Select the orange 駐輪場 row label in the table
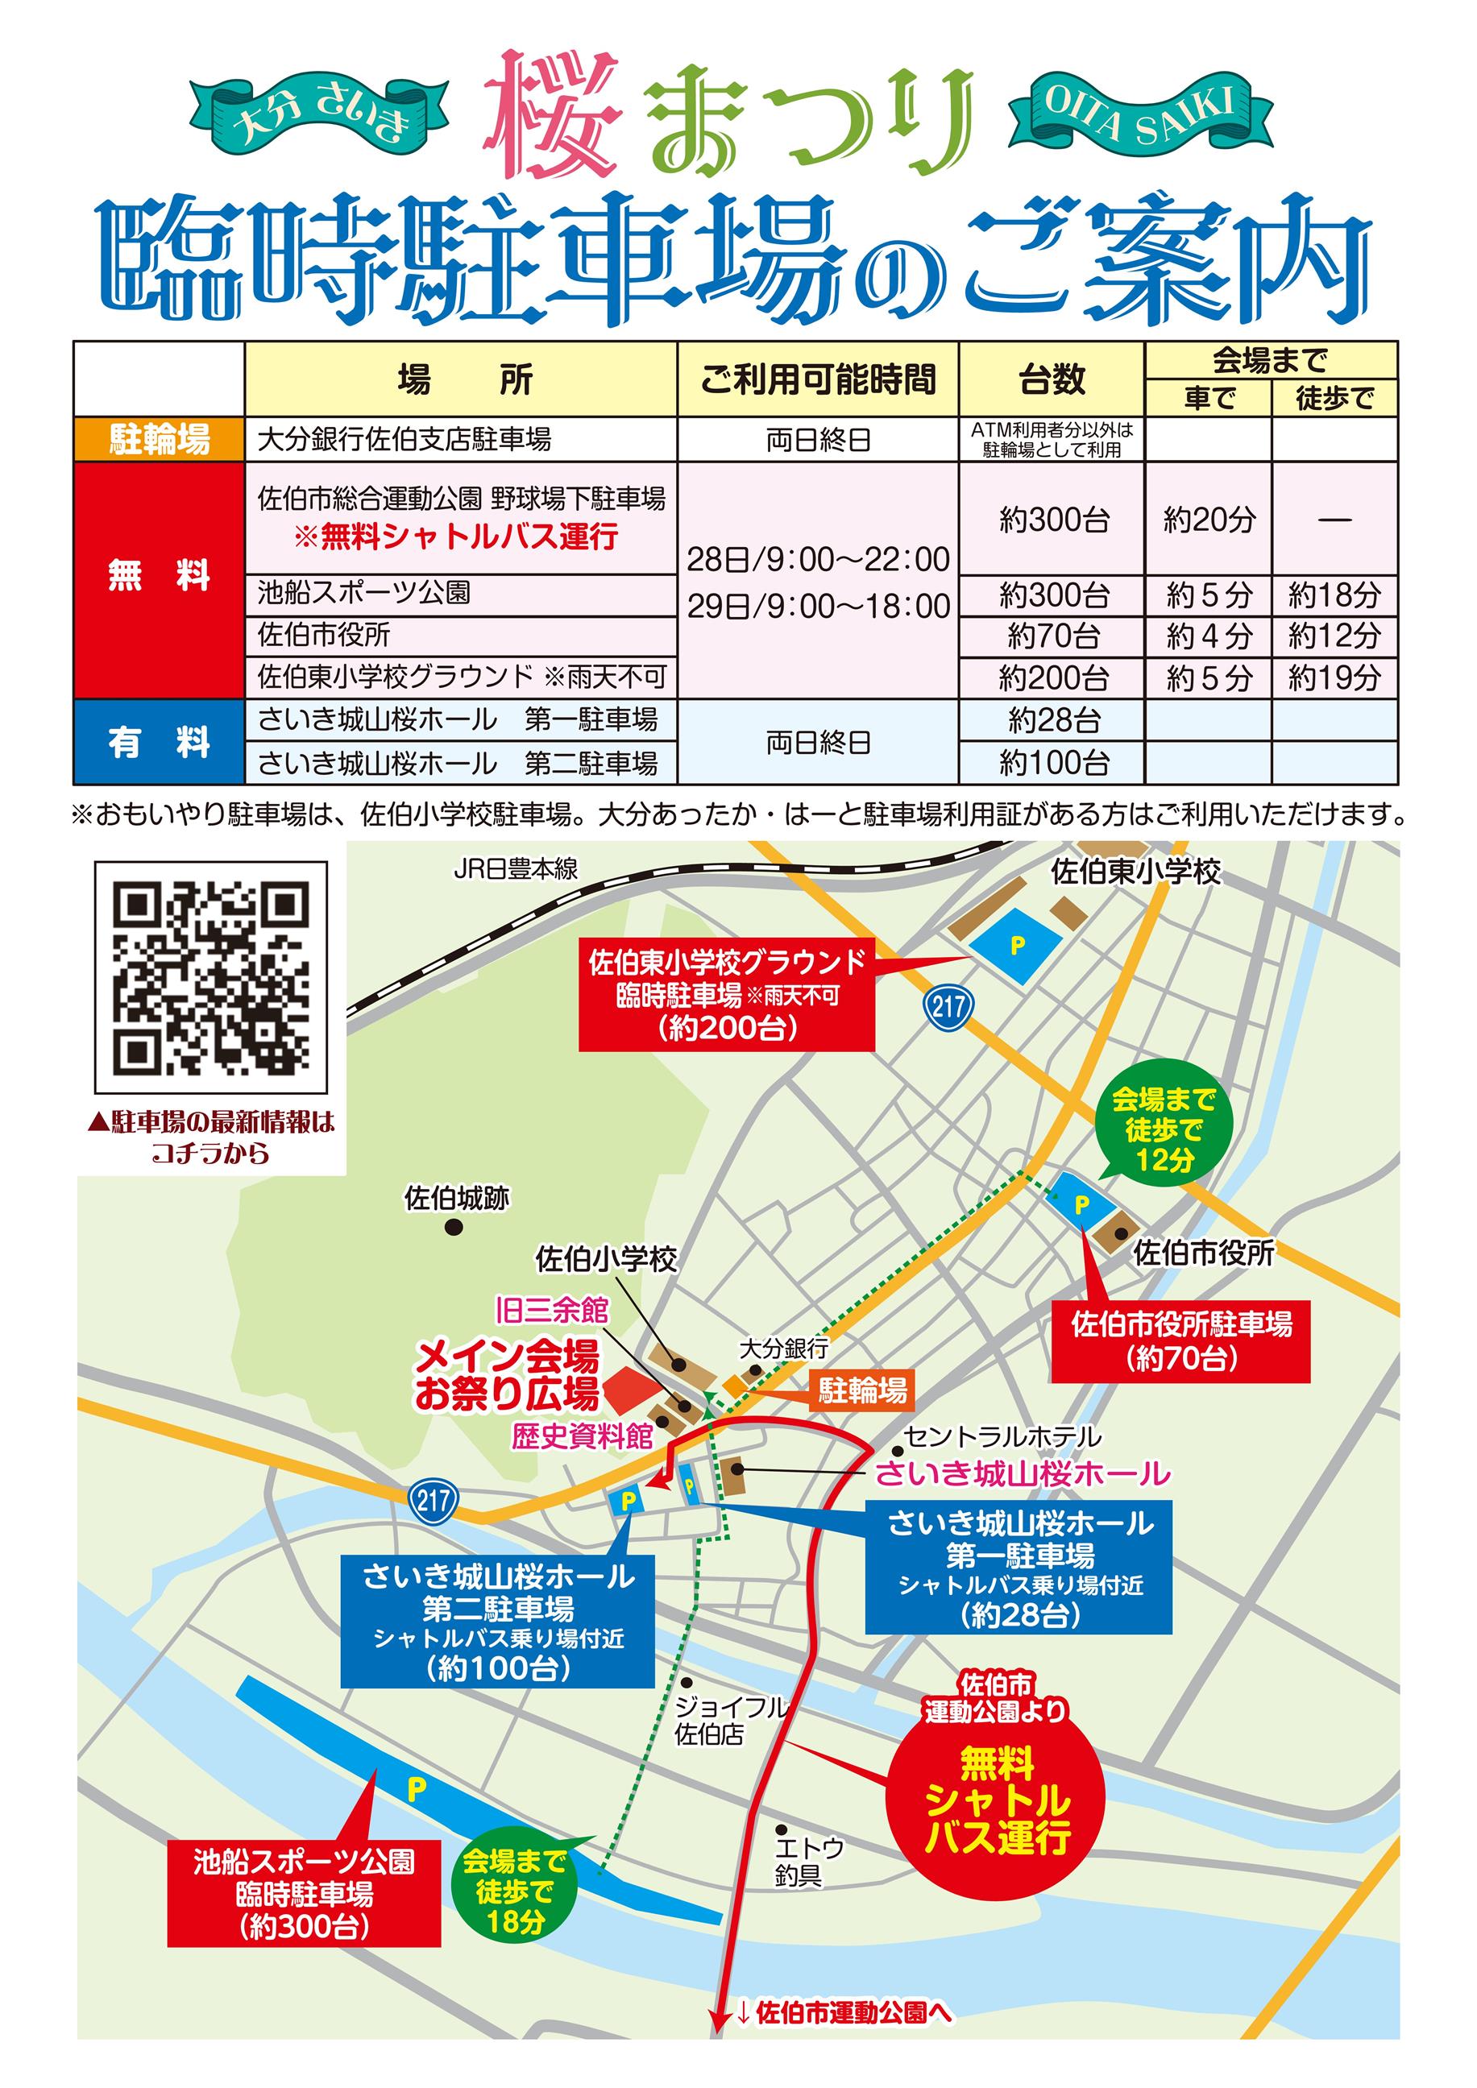coord(160,440)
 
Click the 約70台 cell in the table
coord(1052,636)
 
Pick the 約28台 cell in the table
coord(1052,720)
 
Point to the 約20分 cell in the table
coord(1209,520)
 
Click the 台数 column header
coord(1052,379)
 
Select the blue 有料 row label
coord(160,743)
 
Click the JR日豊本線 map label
coord(516,869)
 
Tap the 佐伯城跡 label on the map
coord(457,1199)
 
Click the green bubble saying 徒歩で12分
coord(1164,1130)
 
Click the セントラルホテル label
coord(1002,1437)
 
